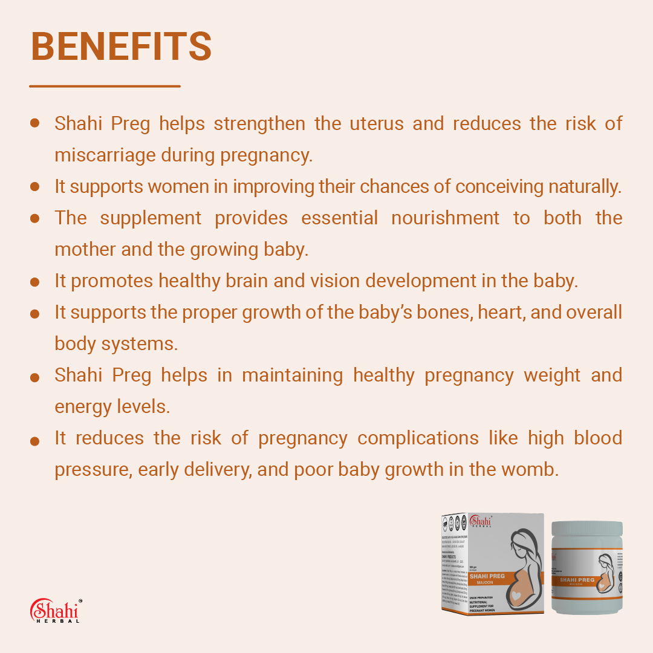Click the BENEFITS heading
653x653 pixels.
121,47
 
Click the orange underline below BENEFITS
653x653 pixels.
105,86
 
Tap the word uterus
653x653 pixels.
376,123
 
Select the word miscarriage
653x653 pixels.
105,155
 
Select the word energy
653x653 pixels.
83,406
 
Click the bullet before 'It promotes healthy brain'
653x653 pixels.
34,282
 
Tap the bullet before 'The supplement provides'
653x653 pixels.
34,218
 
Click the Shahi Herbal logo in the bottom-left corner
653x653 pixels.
55,610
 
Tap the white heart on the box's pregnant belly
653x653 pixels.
516,596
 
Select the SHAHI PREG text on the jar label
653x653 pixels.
577,580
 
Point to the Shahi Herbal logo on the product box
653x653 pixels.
482,522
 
